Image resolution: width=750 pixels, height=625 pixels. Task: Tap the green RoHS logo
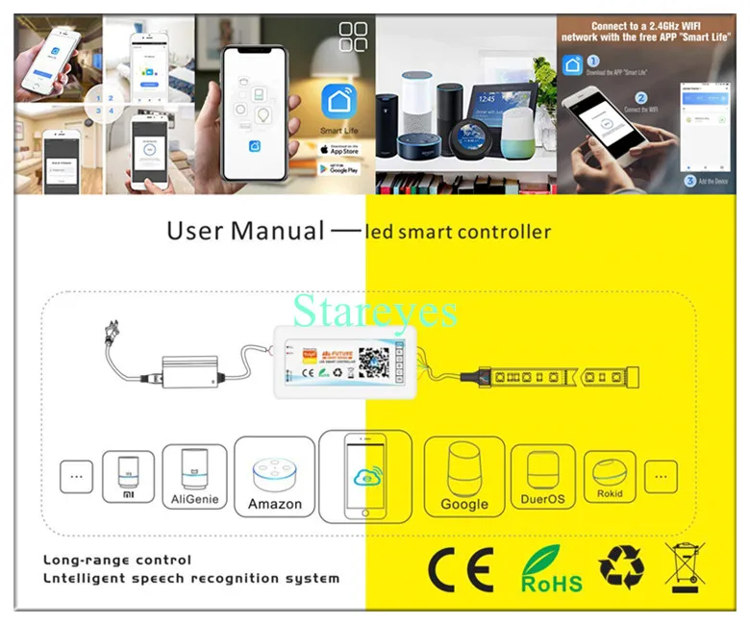click(x=551, y=570)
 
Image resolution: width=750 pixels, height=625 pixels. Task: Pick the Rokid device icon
click(x=609, y=476)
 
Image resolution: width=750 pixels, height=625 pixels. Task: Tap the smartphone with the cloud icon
click(x=364, y=475)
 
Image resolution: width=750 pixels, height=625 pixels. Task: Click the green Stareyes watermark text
click(x=375, y=311)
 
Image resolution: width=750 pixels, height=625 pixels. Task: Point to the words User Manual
click(x=245, y=231)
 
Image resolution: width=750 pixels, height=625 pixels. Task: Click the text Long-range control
click(x=116, y=560)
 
